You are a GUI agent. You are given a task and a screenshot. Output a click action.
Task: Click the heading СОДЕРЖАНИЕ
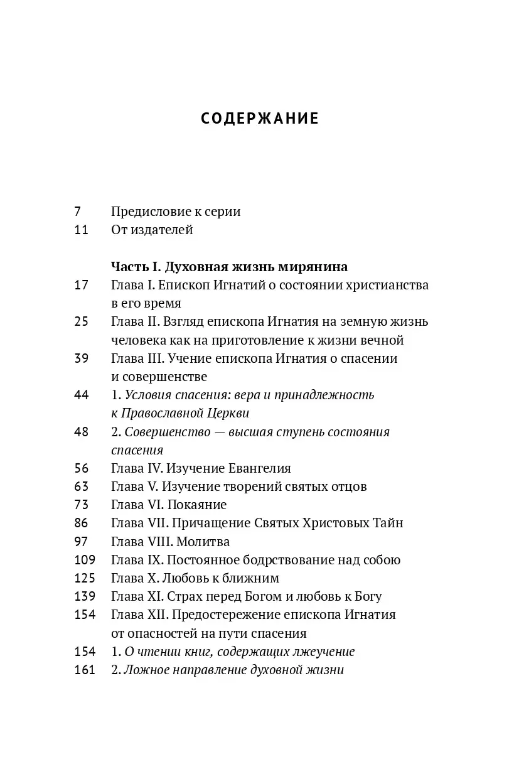260,119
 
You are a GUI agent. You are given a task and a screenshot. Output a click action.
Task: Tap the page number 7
78,212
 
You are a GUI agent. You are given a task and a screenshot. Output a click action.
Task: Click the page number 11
81,230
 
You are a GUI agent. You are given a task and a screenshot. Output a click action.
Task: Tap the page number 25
81,322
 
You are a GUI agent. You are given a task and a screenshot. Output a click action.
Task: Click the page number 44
81,395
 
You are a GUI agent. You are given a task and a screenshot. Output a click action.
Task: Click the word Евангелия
255,468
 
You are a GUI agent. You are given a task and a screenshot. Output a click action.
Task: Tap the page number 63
81,486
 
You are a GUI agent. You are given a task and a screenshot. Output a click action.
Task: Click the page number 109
84,560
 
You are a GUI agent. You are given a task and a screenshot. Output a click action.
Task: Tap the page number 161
84,670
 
